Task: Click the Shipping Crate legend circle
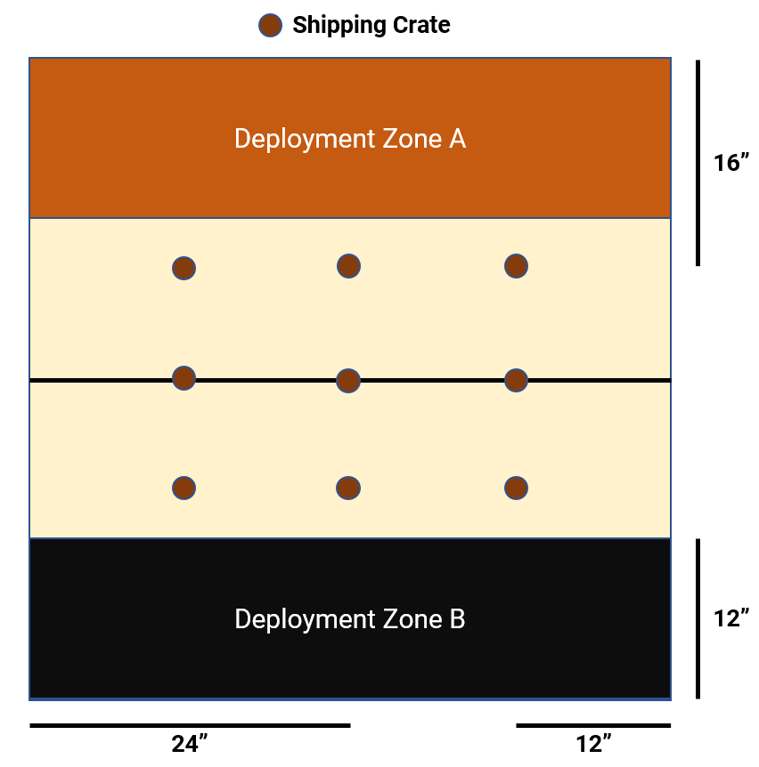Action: click(x=270, y=26)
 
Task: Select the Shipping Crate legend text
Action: click(x=371, y=26)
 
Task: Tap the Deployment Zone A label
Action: click(x=349, y=139)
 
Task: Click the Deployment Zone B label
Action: click(x=349, y=618)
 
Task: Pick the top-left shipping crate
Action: click(x=184, y=268)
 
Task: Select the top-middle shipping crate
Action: click(x=348, y=265)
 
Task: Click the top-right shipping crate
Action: click(x=516, y=265)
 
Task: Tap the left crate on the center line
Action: click(x=184, y=378)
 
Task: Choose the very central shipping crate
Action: click(x=348, y=381)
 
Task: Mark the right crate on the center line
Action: click(x=516, y=380)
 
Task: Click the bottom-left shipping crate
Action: click(x=184, y=488)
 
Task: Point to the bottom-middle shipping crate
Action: click(x=348, y=488)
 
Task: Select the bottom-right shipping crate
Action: click(x=516, y=488)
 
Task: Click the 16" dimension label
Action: click(x=731, y=163)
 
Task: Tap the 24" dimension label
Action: click(x=190, y=744)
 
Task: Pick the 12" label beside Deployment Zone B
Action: click(x=731, y=618)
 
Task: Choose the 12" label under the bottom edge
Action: click(x=594, y=744)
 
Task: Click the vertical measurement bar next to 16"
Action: click(x=698, y=163)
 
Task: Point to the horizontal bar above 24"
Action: click(x=190, y=725)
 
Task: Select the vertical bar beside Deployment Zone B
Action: click(x=698, y=618)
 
